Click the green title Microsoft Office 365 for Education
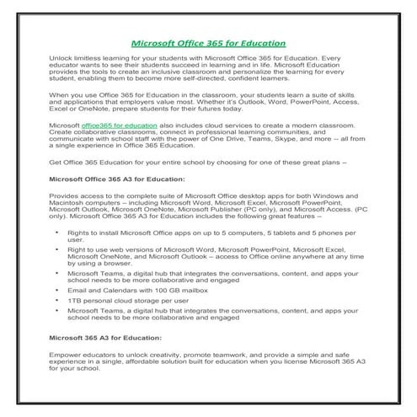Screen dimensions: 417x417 click(208, 42)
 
